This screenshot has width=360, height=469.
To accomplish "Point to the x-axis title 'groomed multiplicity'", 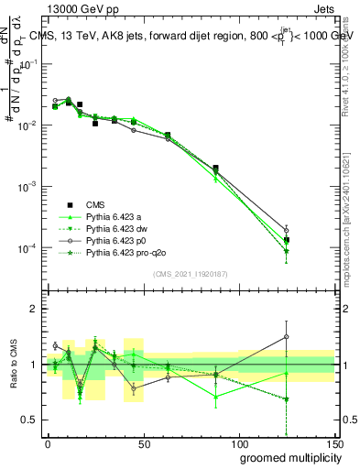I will (x=287, y=457).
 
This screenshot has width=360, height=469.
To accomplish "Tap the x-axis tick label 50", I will (x=143, y=444).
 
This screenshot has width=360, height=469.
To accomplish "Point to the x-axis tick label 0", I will (x=48, y=444).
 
